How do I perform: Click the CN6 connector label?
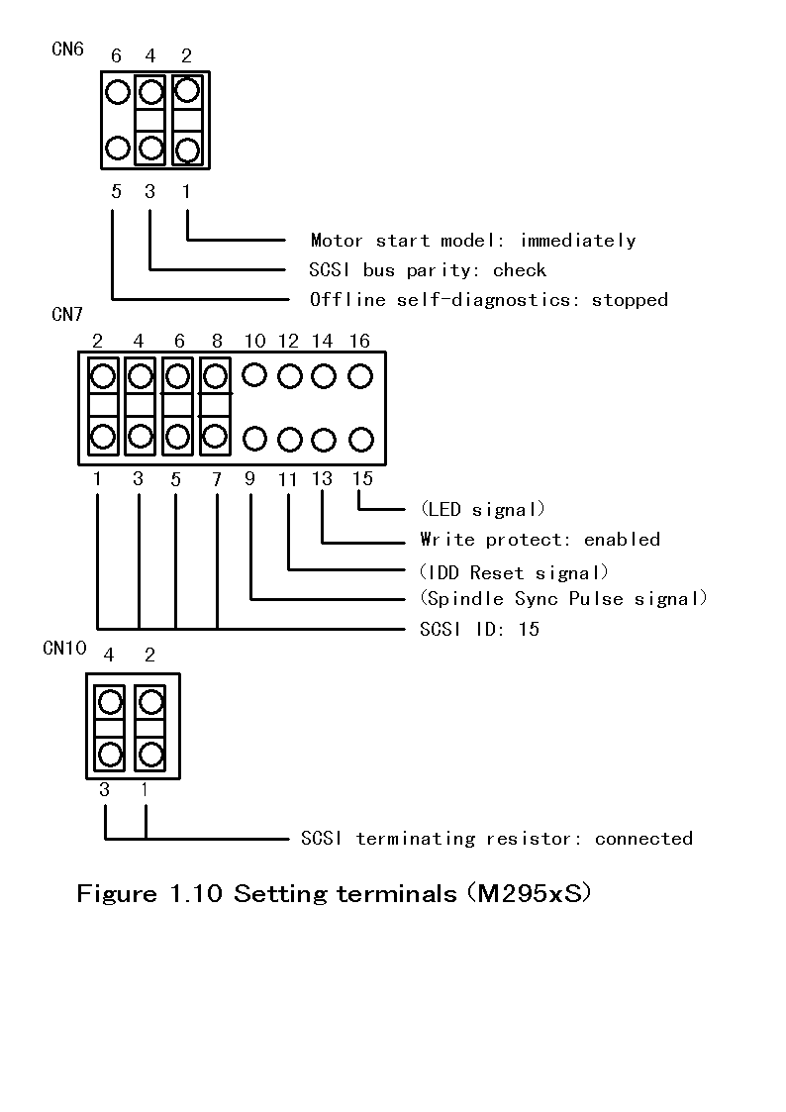point(67,49)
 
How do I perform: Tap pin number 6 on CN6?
point(116,56)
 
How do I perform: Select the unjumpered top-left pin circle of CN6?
point(117,93)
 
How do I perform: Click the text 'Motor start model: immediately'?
point(472,241)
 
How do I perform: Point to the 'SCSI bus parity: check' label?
point(428,270)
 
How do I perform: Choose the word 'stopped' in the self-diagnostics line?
point(630,300)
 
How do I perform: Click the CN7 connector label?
point(67,316)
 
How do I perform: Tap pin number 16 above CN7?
point(359,342)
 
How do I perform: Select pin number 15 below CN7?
point(362,479)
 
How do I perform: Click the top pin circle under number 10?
point(255,375)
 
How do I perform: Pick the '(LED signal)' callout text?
point(482,510)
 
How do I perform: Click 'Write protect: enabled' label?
point(540,540)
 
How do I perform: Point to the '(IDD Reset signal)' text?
point(514,572)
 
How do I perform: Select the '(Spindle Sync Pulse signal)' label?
point(563,599)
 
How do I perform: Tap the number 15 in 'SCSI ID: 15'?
point(529,630)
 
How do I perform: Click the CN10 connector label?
point(64,649)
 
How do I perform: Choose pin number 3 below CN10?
point(104,790)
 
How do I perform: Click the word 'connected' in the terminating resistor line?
point(643,839)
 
